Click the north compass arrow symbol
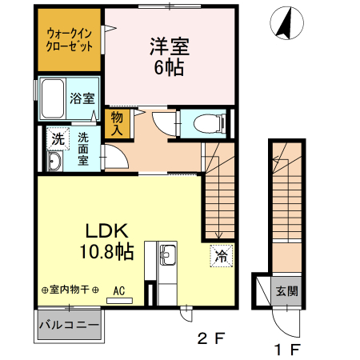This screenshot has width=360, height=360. [x=283, y=23]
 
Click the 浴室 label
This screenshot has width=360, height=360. [x=82, y=99]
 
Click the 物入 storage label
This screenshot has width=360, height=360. [x=117, y=125]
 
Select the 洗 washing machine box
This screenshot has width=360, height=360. [x=57, y=138]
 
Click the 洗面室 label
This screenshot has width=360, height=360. [x=83, y=147]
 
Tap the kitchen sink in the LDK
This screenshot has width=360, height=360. [x=169, y=257]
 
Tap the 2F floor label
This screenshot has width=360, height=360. [x=211, y=338]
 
